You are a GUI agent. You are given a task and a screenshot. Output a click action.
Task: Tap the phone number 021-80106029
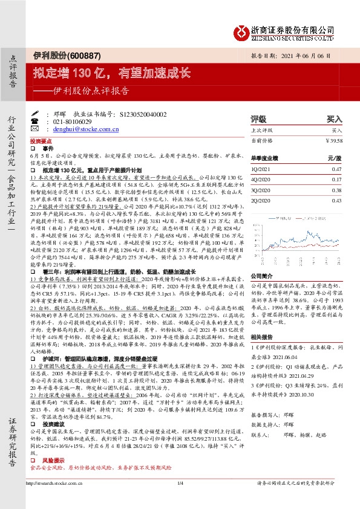[68, 121]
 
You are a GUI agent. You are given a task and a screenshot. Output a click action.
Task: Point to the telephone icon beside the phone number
[48, 121]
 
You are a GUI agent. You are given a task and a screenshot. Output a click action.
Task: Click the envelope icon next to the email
[48, 129]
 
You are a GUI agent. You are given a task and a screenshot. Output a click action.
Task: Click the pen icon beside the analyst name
[48, 113]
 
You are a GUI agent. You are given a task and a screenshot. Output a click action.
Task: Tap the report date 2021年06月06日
[309, 56]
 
